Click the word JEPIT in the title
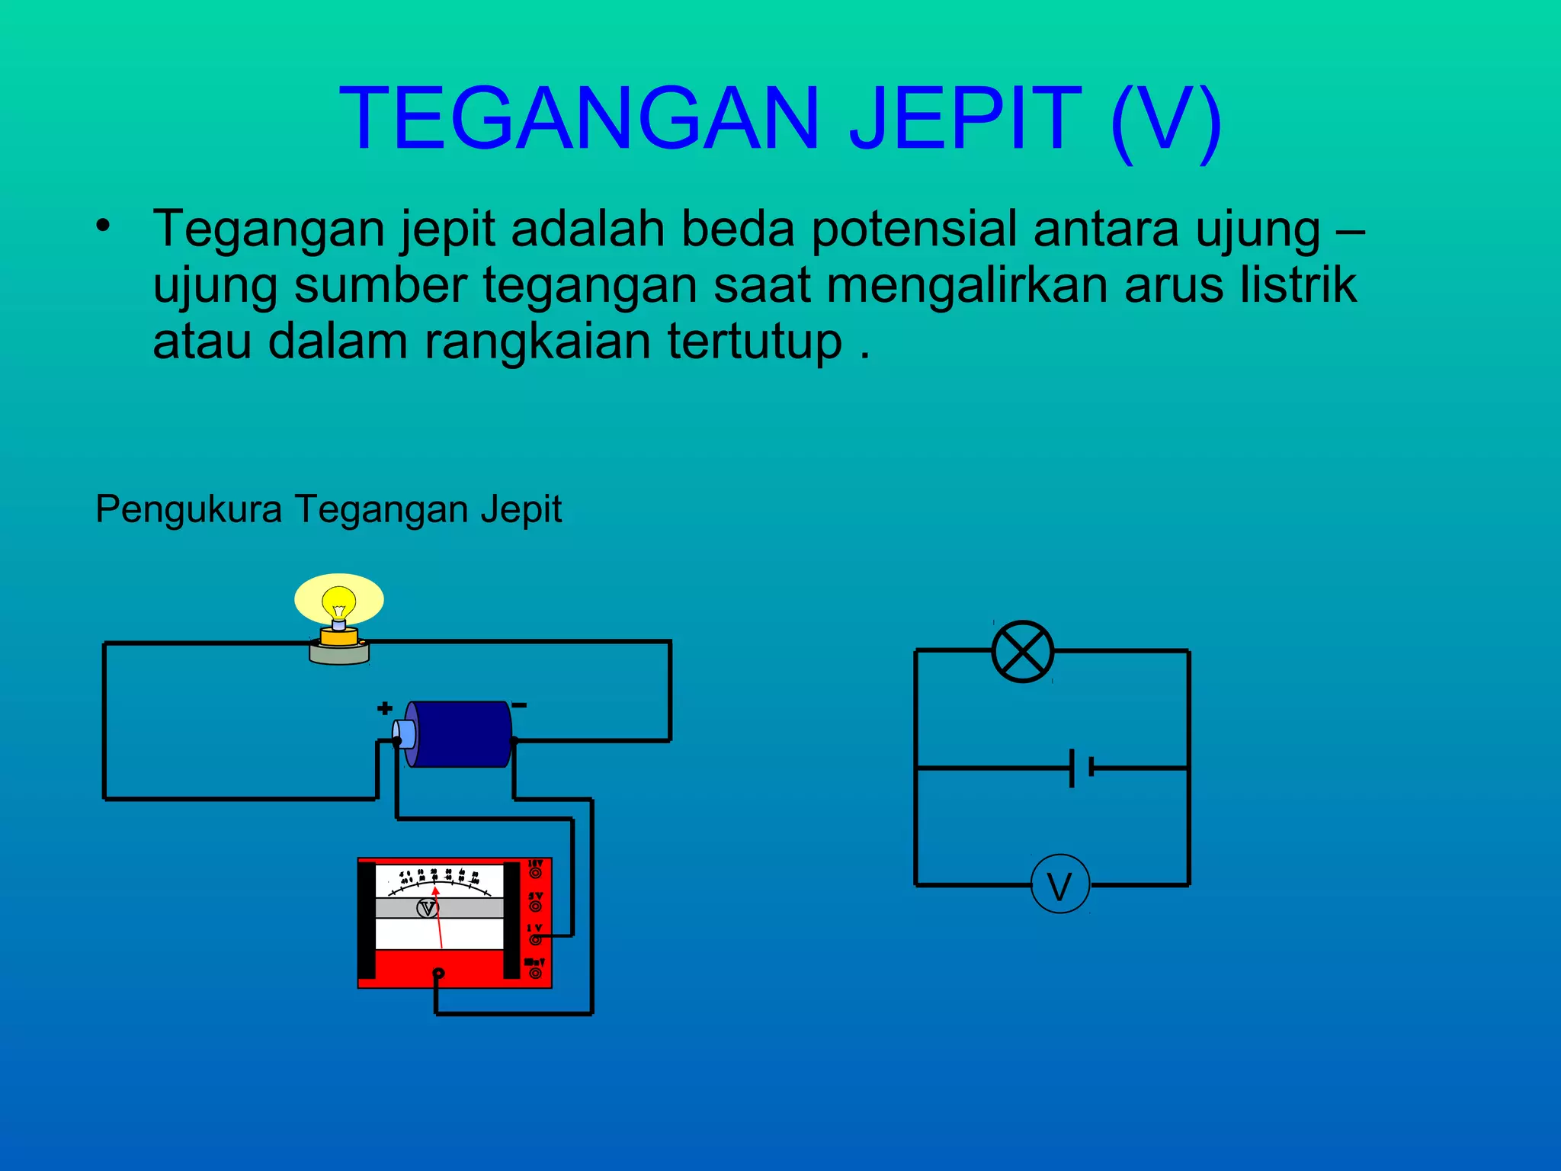point(965,118)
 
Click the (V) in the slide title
point(1166,120)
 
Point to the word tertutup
point(755,341)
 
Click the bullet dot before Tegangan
point(104,226)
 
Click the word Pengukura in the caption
point(188,509)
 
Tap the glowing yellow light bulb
point(339,603)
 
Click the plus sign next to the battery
point(385,708)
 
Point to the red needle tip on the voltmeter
point(435,890)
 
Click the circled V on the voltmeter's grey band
point(428,908)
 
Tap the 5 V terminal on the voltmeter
point(536,906)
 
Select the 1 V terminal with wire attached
point(536,939)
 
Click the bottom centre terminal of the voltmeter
point(438,974)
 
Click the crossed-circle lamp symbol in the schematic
point(1022,652)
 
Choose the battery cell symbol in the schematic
point(1081,768)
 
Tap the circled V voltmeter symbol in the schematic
point(1059,885)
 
